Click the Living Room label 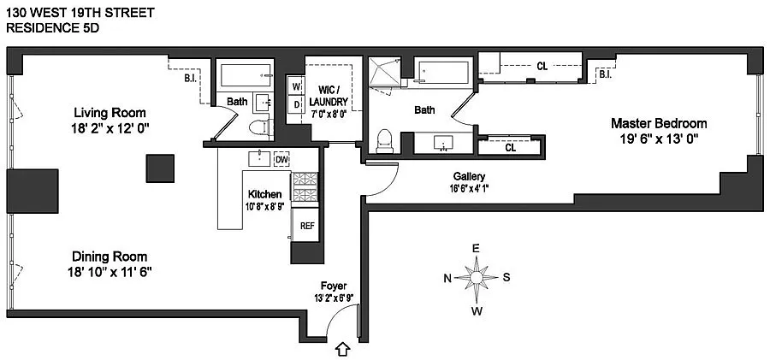click(109, 113)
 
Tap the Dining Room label click(110, 257)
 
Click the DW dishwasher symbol click(281, 159)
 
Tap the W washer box click(296, 86)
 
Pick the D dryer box click(296, 105)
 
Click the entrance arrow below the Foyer click(343, 349)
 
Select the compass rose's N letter click(447, 277)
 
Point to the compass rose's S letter click(506, 277)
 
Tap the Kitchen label click(264, 194)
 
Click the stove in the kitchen click(305, 188)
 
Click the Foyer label click(334, 286)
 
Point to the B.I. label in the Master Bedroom click(605, 74)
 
